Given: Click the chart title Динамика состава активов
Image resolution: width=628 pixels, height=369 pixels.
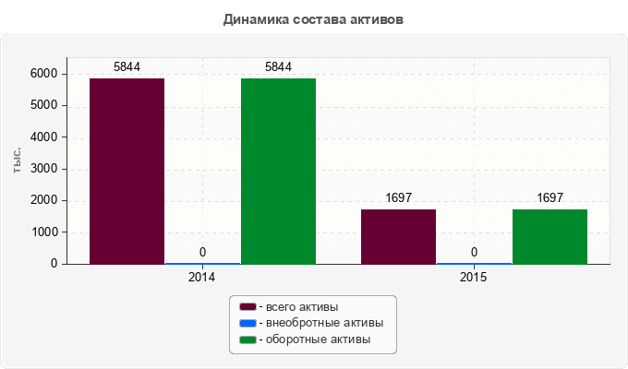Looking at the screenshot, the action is coord(313,19).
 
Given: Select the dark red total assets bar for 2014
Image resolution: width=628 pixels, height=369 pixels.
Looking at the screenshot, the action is coord(127,172).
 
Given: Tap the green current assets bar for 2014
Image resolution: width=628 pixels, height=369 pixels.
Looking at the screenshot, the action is coord(278,172).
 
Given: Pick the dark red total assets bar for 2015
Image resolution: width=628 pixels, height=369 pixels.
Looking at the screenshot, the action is coord(399,236).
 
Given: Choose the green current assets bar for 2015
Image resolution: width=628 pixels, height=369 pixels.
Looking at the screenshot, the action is coord(549,236).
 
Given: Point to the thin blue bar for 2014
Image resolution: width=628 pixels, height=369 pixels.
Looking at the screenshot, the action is coord(202,263).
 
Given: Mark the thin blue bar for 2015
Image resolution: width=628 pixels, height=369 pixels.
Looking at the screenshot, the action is coord(474,263).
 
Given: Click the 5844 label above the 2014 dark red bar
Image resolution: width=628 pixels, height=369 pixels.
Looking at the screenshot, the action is coord(127,66).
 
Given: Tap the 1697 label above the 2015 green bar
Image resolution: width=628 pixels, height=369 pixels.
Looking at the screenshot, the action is coord(549,197).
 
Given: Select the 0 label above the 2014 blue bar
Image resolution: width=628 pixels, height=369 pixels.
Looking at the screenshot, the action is coord(202,252).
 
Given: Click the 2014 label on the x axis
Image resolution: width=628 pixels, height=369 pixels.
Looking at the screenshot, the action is coord(201,277).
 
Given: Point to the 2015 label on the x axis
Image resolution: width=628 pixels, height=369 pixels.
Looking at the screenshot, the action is coord(473,277).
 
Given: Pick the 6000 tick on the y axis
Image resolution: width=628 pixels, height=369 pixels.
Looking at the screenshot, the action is coord(44,74).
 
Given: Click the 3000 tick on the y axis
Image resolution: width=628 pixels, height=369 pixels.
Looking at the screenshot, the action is coord(44,169).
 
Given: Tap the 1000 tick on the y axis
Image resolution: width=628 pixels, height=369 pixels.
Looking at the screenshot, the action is coord(44,232).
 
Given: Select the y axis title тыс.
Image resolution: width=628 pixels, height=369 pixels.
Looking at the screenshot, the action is coord(17,161).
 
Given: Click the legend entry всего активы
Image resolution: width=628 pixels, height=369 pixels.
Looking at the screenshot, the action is coord(302,307).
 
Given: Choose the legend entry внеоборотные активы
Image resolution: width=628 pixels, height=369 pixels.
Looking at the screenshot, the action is coord(325,323).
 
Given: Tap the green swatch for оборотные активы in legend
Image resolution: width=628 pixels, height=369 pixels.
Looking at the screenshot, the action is coord(248,339).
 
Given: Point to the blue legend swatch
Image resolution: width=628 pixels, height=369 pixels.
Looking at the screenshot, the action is coord(248,323).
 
